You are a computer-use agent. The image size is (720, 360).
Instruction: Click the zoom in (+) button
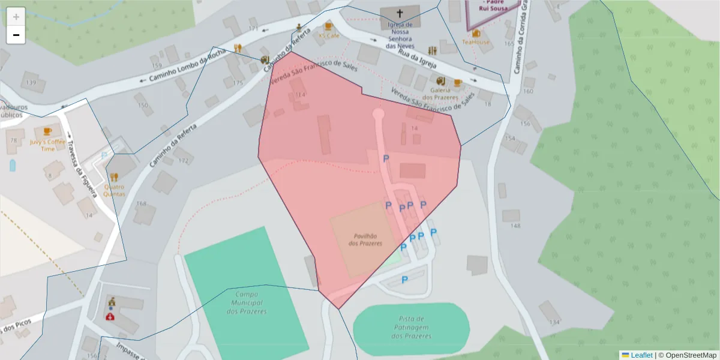16,17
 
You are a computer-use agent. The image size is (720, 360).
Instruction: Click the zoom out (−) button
16,35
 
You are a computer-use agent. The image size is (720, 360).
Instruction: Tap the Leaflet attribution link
641,355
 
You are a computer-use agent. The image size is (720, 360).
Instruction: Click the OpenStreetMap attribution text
691,355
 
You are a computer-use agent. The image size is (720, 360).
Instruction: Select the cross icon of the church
400,13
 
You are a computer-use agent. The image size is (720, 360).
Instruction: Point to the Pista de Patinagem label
411,328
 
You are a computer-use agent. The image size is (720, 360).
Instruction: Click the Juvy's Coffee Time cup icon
47,131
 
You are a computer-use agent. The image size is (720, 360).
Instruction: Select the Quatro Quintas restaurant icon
114,177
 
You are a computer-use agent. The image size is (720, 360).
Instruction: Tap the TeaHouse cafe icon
476,34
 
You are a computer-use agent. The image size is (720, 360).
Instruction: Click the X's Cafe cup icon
328,26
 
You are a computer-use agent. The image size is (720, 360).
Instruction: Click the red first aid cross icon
110,316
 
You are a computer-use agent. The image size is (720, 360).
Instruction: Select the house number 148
515,226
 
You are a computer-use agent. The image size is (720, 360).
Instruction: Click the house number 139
31,83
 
